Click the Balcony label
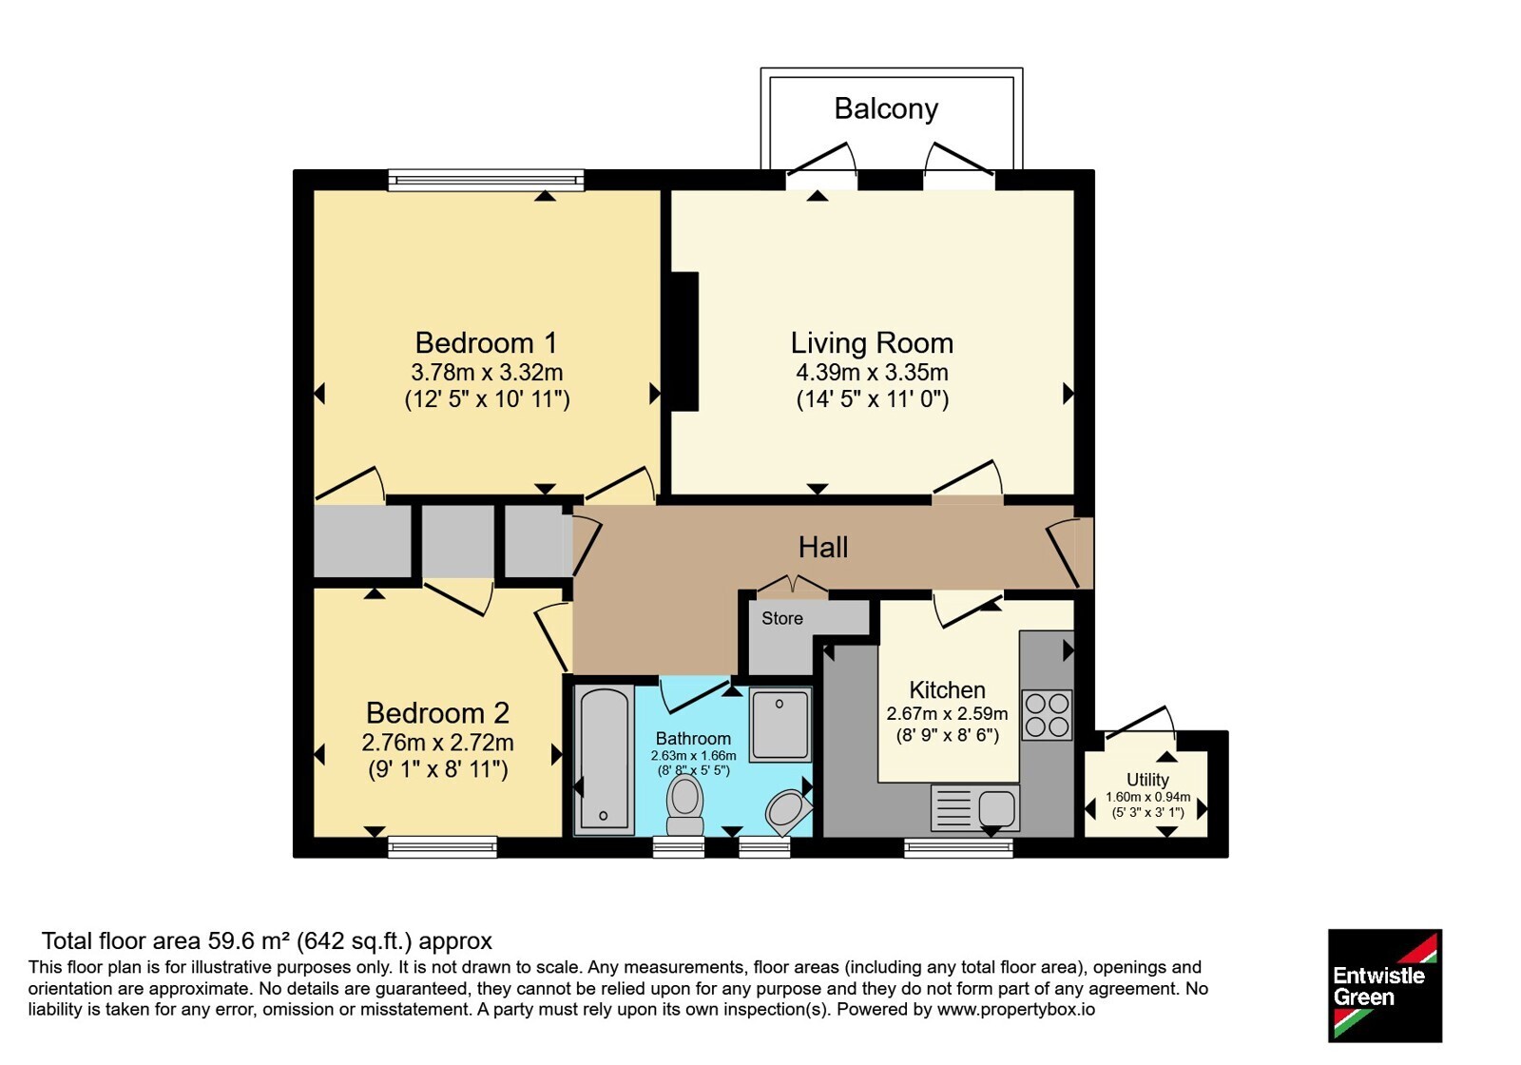point(886,108)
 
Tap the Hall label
point(823,547)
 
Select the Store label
point(782,618)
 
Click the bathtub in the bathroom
point(605,760)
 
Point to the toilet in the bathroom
point(684,805)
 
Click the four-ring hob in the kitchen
point(1047,715)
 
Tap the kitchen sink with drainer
point(975,807)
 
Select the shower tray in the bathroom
point(780,724)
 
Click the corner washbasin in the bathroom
point(789,812)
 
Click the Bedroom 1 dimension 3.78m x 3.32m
point(487,372)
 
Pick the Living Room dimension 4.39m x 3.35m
point(872,372)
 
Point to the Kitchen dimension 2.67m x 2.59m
point(947,714)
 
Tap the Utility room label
point(1147,780)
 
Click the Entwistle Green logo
point(1385,985)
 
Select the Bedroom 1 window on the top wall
point(486,180)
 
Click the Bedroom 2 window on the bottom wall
point(443,847)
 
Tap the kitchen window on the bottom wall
point(959,847)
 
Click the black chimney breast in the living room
point(684,341)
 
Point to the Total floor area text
point(267,940)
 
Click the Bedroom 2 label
point(438,713)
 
